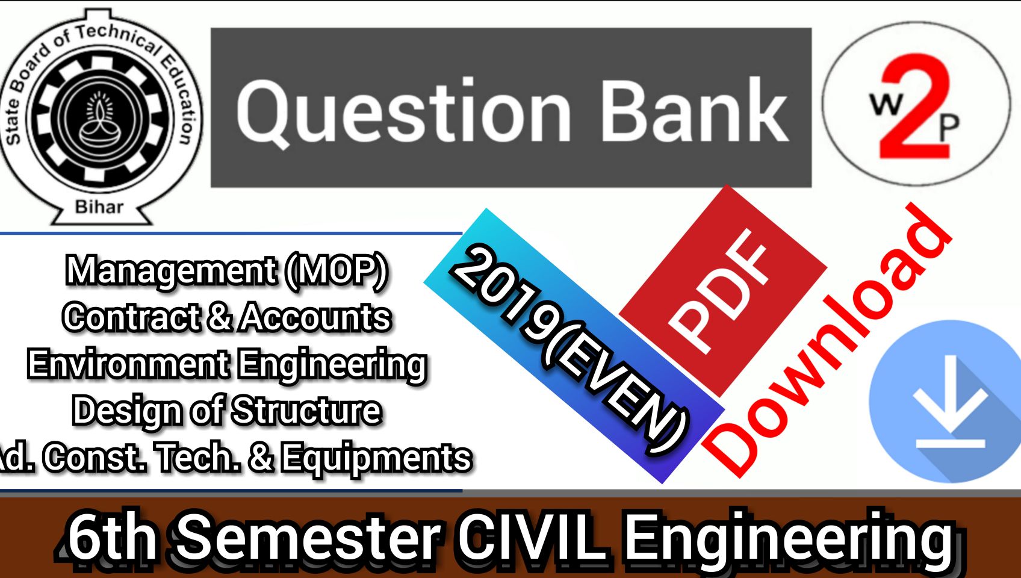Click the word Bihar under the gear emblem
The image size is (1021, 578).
[99, 207]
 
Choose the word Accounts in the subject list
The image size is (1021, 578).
[315, 317]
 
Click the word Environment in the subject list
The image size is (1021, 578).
[128, 364]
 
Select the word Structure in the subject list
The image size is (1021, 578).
[306, 411]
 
